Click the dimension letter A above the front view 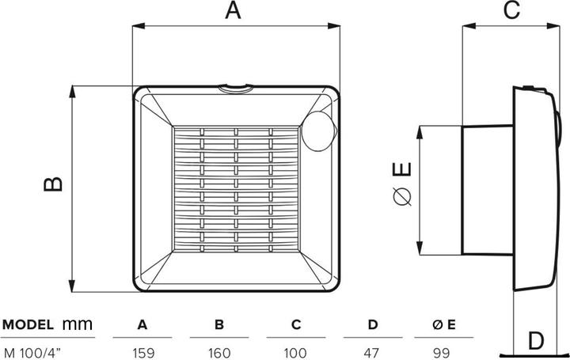point(233,10)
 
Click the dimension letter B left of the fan point(54,184)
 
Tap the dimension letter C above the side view point(512,9)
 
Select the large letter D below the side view point(535,341)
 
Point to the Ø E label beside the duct point(402,184)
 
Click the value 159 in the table point(142,353)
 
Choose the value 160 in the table point(219,353)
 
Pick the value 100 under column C point(296,353)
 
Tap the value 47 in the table point(372,353)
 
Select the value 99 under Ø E point(442,353)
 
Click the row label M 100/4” point(32,353)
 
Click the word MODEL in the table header point(28,324)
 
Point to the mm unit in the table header point(78,324)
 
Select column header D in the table point(373,324)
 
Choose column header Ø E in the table point(444,324)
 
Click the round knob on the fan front point(318,131)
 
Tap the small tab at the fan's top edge point(235,89)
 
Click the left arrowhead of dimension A point(139,26)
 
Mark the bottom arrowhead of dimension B point(72,286)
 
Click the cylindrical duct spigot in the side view point(487,190)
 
